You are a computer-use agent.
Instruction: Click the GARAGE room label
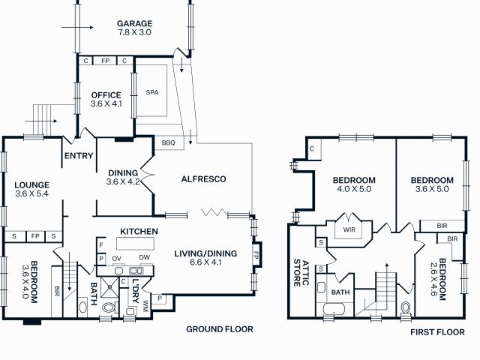[x=134, y=27]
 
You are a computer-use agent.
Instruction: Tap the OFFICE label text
[x=106, y=99]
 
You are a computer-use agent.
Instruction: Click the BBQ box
[x=167, y=142]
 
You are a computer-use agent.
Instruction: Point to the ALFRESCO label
[x=204, y=178]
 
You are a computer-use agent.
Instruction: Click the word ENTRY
[x=79, y=156]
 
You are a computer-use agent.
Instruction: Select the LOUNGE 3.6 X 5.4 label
[x=31, y=189]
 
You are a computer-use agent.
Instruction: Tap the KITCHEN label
[x=139, y=231]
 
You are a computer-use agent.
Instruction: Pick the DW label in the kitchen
[x=144, y=258]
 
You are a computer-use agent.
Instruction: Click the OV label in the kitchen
[x=117, y=258]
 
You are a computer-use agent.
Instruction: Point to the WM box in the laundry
[x=156, y=303]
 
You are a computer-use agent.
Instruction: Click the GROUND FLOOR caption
[x=220, y=328]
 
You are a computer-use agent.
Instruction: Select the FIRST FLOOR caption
[x=437, y=331]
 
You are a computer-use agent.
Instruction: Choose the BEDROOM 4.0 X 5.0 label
[x=354, y=184]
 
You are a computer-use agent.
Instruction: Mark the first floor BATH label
[x=341, y=292]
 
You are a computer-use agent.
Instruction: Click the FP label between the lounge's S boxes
[x=34, y=236]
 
